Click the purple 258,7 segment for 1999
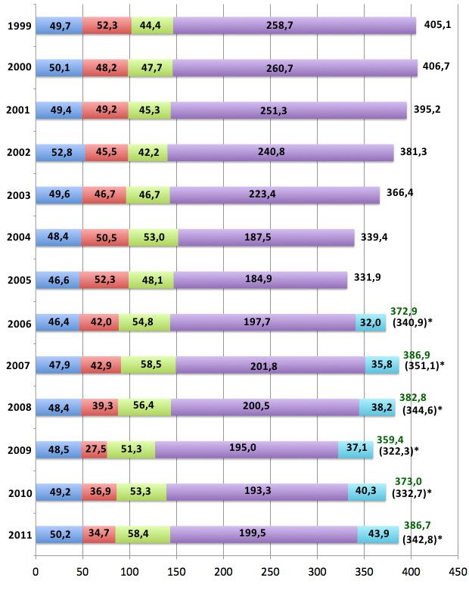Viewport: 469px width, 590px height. point(294,26)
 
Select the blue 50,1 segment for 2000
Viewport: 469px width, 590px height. point(59,68)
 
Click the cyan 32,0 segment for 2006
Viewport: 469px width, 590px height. point(371,323)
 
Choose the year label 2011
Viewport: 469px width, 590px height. point(17,536)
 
